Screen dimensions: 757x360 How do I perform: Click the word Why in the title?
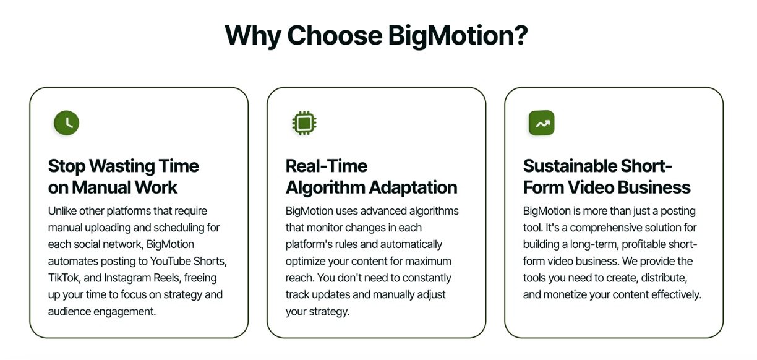point(253,36)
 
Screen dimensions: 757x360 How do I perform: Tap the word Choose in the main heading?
point(335,35)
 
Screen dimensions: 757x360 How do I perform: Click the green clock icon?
point(67,122)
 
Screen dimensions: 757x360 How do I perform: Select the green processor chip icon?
point(304,122)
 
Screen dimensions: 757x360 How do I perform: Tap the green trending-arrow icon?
point(541,122)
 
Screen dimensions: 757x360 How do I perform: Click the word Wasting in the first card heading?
point(122,166)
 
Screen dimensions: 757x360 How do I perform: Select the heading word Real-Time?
point(326,166)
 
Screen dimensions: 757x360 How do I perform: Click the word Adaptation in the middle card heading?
point(413,188)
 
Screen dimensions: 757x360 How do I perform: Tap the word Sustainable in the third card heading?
point(570,166)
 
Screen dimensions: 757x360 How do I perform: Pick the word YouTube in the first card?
point(170,261)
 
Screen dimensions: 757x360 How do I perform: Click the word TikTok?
point(63,278)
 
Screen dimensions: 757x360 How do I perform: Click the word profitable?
point(644,244)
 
